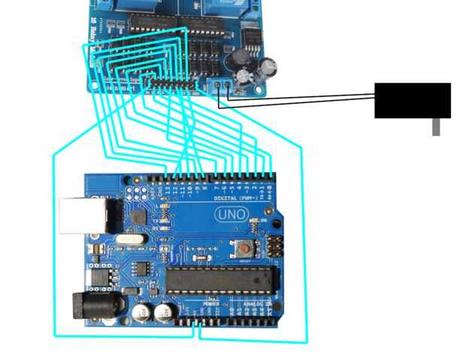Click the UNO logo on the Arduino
231,214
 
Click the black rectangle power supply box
412,100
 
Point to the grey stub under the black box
436,127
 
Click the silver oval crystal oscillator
127,241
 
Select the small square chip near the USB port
138,217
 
